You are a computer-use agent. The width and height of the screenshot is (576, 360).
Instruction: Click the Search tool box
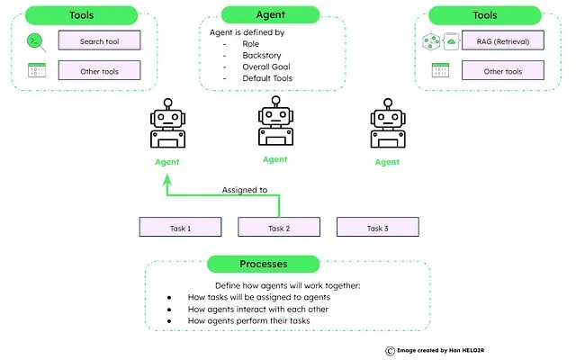99,40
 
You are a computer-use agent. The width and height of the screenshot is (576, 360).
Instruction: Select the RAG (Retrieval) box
503,40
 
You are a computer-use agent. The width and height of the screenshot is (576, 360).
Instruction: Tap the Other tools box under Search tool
99,70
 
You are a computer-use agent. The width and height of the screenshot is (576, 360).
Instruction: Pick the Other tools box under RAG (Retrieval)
503,70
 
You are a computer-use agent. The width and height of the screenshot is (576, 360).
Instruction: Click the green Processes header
264,265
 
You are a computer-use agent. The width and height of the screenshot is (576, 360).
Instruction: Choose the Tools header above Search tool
81,15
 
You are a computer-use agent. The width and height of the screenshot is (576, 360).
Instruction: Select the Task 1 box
179,228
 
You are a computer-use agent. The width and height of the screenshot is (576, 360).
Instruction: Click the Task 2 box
278,228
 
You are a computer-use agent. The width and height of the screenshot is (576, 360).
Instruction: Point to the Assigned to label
245,190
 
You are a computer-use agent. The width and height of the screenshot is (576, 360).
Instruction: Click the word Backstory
262,55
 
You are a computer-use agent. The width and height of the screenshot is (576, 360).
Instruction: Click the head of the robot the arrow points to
166,119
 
